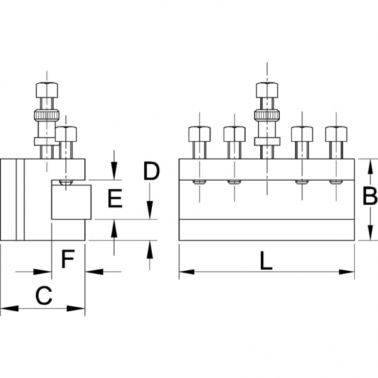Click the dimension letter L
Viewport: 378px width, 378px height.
pyautogui.click(x=266, y=260)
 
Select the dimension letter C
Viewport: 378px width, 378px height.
pyautogui.click(x=42, y=295)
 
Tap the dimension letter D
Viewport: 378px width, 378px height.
pyautogui.click(x=151, y=171)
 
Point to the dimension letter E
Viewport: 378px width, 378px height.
pyautogui.click(x=115, y=200)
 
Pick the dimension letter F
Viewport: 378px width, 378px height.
pyautogui.click(x=67, y=258)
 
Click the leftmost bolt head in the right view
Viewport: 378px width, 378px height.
pyautogui.click(x=200, y=134)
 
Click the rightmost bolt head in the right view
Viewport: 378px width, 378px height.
pyautogui.click(x=335, y=134)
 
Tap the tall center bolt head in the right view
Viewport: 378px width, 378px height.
pyautogui.click(x=266, y=89)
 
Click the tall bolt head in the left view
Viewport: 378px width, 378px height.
pyautogui.click(x=48, y=89)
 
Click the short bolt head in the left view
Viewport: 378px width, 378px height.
pyautogui.click(x=66, y=134)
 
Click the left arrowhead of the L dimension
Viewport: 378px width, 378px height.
pyautogui.click(x=184, y=273)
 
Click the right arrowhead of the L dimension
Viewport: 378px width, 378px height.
pyautogui.click(x=350, y=273)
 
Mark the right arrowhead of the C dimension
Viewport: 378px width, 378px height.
pyautogui.click(x=81, y=309)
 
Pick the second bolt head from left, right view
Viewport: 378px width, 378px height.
pyautogui.click(x=234, y=134)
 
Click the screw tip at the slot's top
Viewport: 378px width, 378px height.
pyautogui.click(x=66, y=183)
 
